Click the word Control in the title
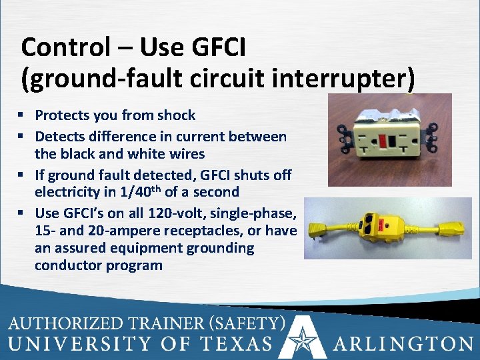coord(56,47)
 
